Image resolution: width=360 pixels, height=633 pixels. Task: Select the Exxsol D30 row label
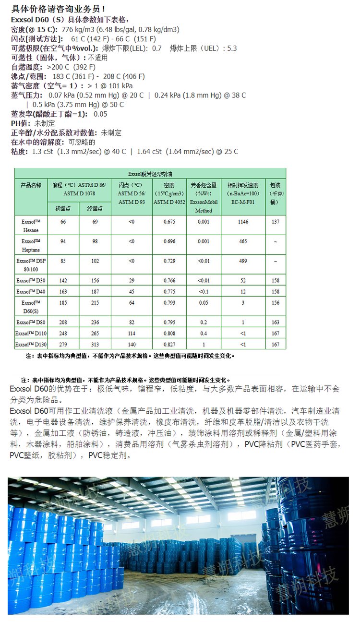(x=31, y=280)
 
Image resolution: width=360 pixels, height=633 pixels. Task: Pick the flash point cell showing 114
(x=132, y=334)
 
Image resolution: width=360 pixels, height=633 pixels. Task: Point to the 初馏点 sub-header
(x=63, y=208)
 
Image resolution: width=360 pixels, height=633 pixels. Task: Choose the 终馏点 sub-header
(x=95, y=208)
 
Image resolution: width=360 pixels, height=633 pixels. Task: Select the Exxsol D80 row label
(x=31, y=322)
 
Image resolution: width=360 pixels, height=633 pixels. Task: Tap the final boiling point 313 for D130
(x=95, y=345)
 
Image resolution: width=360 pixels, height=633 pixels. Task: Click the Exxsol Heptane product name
(x=31, y=245)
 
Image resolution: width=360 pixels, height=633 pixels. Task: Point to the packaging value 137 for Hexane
(x=275, y=222)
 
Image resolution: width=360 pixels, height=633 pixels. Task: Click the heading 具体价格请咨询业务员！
(x=58, y=9)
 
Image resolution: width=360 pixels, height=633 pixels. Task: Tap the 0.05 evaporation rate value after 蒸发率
(x=100, y=114)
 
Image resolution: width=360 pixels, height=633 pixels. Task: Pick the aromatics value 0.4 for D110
(x=204, y=334)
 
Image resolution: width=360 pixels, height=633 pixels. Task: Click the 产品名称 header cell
(x=31, y=185)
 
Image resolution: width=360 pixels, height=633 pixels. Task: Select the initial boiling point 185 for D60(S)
(x=63, y=303)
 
